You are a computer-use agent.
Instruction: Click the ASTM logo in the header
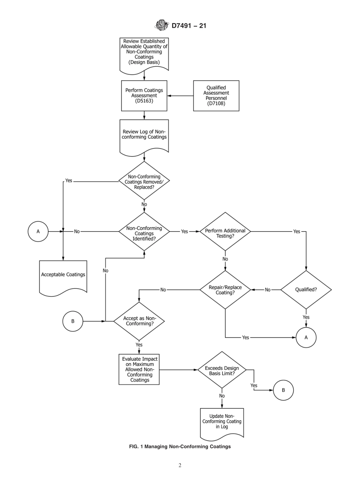(x=161, y=26)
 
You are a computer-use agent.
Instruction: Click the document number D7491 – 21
(x=189, y=26)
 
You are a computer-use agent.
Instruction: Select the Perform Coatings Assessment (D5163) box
(x=144, y=95)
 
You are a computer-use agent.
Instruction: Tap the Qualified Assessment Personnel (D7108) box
(x=216, y=95)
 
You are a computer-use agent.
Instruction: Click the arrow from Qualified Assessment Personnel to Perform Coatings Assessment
(x=180, y=96)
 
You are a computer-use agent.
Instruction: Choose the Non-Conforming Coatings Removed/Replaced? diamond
(x=144, y=182)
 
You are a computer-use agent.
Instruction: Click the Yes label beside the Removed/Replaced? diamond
(x=69, y=181)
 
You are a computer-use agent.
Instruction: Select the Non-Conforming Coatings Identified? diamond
(x=144, y=231)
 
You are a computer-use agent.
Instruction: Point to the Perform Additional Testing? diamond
(x=225, y=231)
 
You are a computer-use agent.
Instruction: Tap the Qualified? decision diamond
(x=306, y=290)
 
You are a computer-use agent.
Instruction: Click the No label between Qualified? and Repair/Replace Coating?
(x=268, y=290)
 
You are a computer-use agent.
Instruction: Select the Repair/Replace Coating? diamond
(x=225, y=290)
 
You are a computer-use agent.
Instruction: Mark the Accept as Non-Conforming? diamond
(x=139, y=321)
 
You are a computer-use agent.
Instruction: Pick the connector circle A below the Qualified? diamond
(x=306, y=337)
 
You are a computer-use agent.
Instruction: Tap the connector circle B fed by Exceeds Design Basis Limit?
(x=283, y=390)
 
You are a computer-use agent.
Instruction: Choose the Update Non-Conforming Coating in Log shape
(x=222, y=423)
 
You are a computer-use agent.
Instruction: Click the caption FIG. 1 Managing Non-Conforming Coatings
(x=180, y=446)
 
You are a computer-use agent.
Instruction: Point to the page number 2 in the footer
(x=180, y=465)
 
